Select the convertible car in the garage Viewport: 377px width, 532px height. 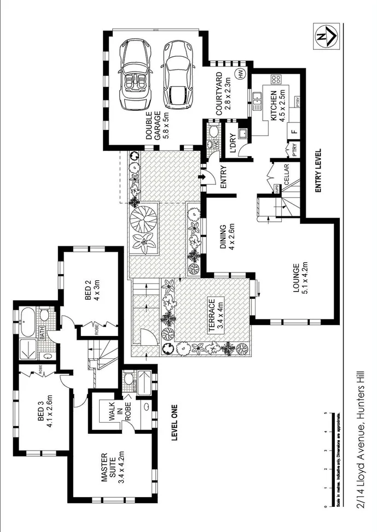pyautogui.click(x=134, y=74)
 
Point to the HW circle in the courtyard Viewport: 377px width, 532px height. pyautogui.click(x=239, y=73)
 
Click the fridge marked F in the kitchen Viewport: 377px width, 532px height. pyautogui.click(x=294, y=132)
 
